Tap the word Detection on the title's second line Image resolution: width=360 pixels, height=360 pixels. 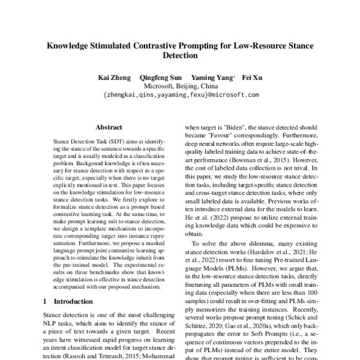tap(180, 56)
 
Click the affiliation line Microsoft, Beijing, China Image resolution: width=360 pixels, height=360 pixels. tap(180, 86)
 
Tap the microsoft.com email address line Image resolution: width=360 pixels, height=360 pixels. tap(181, 95)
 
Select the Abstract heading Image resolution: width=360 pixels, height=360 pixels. tap(109, 127)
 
